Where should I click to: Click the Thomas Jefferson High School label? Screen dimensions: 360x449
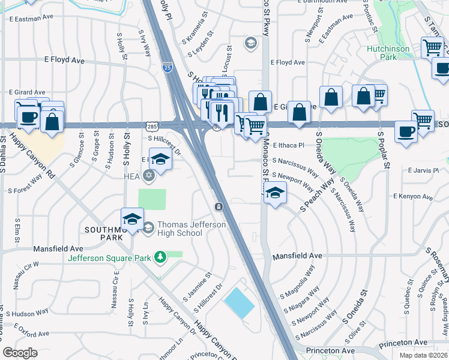tap(183, 229)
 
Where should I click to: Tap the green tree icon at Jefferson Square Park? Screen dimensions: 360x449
tap(160, 258)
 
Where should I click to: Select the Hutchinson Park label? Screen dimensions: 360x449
tap(388, 53)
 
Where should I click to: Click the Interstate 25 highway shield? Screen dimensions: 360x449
tap(167, 68)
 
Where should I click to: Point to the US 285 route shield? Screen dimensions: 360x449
tap(151, 125)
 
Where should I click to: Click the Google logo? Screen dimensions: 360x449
tap(20, 352)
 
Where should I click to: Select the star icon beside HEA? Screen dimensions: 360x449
tap(148, 176)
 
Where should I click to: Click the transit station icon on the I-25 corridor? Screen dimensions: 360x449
tap(219, 207)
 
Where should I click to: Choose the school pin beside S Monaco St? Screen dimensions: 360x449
tap(275, 193)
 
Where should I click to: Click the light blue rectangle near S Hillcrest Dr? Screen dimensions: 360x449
tap(239, 303)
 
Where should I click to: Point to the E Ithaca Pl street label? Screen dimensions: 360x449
tap(289, 145)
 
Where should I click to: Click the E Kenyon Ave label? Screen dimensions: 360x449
tap(413, 196)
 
